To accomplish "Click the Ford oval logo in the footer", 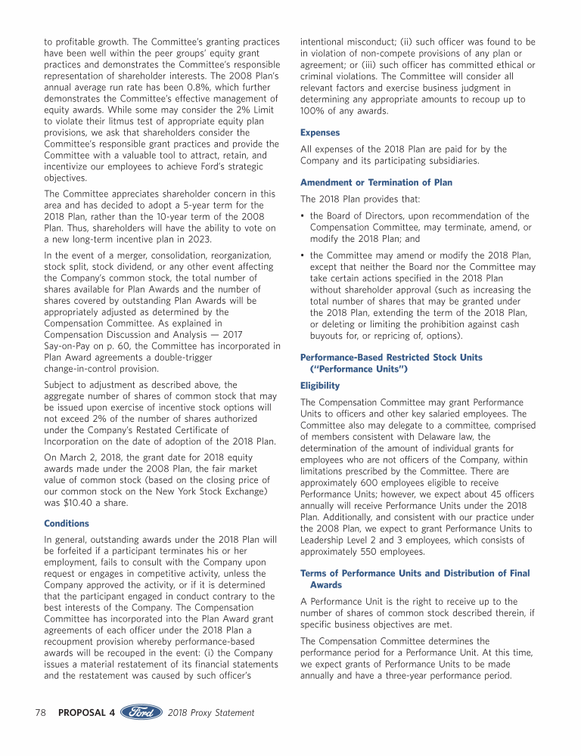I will [142, 712].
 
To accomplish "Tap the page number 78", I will [42, 713].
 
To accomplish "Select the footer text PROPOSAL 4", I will [86, 713].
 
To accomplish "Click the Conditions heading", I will [66, 523].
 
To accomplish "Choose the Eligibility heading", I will [320, 386].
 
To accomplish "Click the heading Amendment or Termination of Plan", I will [376, 183].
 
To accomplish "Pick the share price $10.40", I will [79, 502].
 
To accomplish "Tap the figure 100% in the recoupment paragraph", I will [313, 112].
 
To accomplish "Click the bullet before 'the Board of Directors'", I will [303, 216].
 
